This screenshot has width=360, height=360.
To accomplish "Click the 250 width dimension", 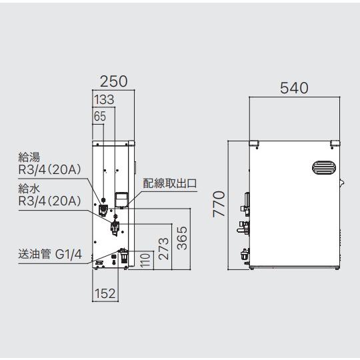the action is click(113, 81).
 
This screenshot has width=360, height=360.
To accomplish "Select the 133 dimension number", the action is click(104, 99).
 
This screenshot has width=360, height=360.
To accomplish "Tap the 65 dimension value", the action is click(100, 116).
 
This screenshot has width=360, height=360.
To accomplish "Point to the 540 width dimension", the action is click(294, 88).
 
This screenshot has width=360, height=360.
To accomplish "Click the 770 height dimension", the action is click(219, 204).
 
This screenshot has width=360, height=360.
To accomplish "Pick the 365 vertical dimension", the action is click(182, 238).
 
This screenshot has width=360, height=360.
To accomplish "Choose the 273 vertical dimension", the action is click(163, 249).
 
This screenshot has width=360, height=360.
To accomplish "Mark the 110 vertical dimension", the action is click(145, 261).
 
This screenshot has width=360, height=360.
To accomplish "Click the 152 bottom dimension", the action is click(105, 293).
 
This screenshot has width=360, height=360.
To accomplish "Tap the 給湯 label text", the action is click(29, 157).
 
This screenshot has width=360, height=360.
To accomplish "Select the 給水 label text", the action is click(29, 189).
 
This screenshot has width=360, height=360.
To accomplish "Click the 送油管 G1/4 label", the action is click(50, 255).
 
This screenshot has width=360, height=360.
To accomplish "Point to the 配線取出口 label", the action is click(170, 183).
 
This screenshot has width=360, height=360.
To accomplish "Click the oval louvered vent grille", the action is click(324, 167).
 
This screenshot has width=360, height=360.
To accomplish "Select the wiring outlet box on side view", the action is click(121, 200).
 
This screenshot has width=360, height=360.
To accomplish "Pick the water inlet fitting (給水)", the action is click(115, 227).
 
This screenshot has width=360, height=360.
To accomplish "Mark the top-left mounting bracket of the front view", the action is click(254, 143).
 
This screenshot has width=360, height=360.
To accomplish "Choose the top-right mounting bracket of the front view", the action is click(335, 143).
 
